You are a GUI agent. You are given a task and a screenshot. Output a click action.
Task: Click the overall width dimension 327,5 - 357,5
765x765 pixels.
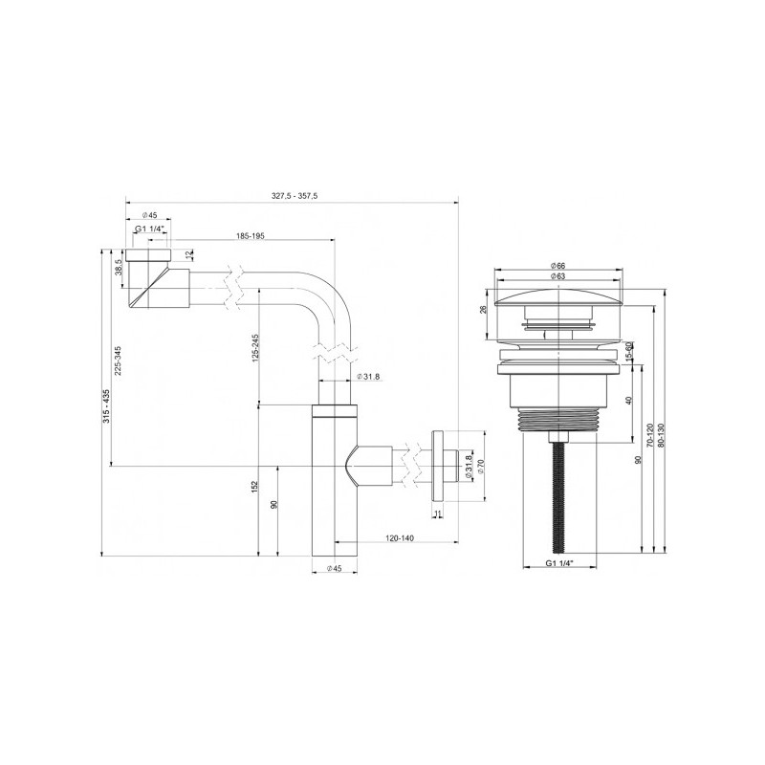click(294, 195)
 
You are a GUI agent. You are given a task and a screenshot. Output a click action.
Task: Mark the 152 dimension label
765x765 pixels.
click(255, 487)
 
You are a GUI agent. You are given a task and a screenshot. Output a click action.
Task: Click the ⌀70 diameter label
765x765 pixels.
click(480, 469)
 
